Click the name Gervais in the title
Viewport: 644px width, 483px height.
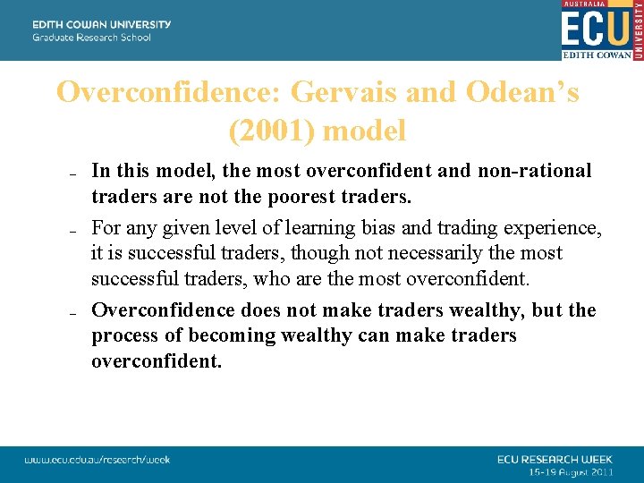point(345,92)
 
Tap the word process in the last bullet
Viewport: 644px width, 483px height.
point(126,335)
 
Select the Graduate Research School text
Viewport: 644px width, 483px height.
point(91,38)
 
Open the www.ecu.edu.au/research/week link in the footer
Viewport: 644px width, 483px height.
point(97,460)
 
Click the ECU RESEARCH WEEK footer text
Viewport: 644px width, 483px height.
point(555,459)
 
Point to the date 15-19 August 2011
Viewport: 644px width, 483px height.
point(570,470)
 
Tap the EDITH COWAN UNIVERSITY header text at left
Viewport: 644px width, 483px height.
point(101,24)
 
